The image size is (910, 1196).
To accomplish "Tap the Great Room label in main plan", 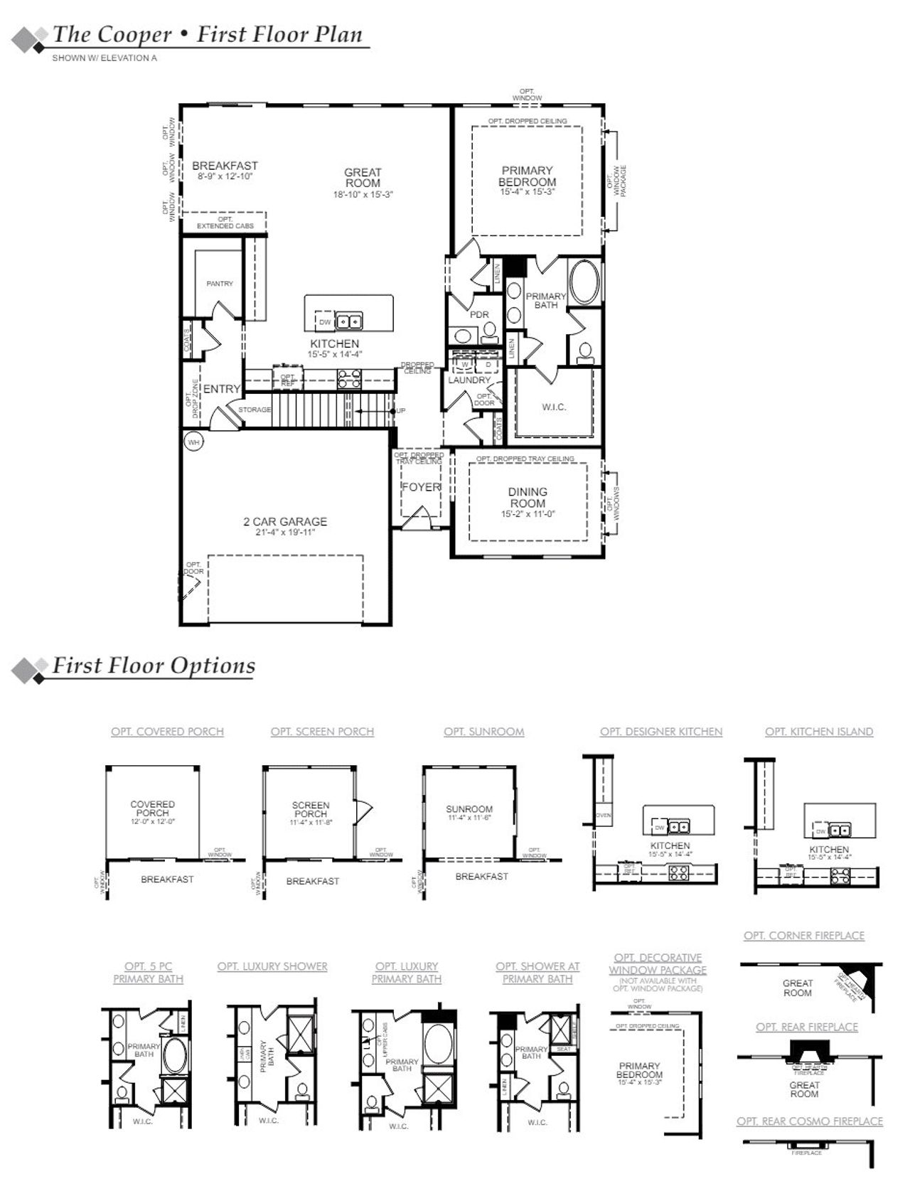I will [x=363, y=178].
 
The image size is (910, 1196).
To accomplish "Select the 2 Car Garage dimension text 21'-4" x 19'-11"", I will [x=285, y=533].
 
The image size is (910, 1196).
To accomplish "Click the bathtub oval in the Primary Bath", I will [x=585, y=282].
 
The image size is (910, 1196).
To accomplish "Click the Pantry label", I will [x=220, y=284].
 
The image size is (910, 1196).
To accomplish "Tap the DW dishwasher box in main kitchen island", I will [x=325, y=322].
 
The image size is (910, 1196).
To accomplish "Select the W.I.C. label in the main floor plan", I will [x=554, y=407].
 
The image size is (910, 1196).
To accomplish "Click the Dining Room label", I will [x=528, y=497].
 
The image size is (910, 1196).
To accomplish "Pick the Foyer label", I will [x=421, y=487].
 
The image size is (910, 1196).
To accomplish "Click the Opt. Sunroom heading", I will [x=483, y=732].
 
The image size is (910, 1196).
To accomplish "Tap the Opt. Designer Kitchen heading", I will [x=660, y=732].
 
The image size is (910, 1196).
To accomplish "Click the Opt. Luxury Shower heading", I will [x=272, y=966].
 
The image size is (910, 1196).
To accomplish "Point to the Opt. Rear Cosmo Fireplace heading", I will [x=809, y=1121].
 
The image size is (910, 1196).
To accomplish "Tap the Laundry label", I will [x=469, y=380].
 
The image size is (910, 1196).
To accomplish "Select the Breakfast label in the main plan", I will [x=225, y=166].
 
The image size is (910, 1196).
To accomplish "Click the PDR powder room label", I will [x=479, y=314].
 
